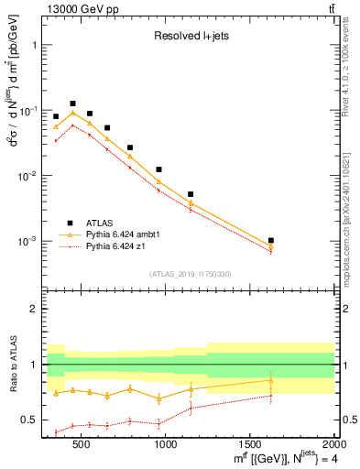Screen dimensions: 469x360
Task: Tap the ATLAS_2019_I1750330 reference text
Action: (x=189, y=274)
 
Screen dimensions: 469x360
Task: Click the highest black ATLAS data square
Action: (x=72, y=104)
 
